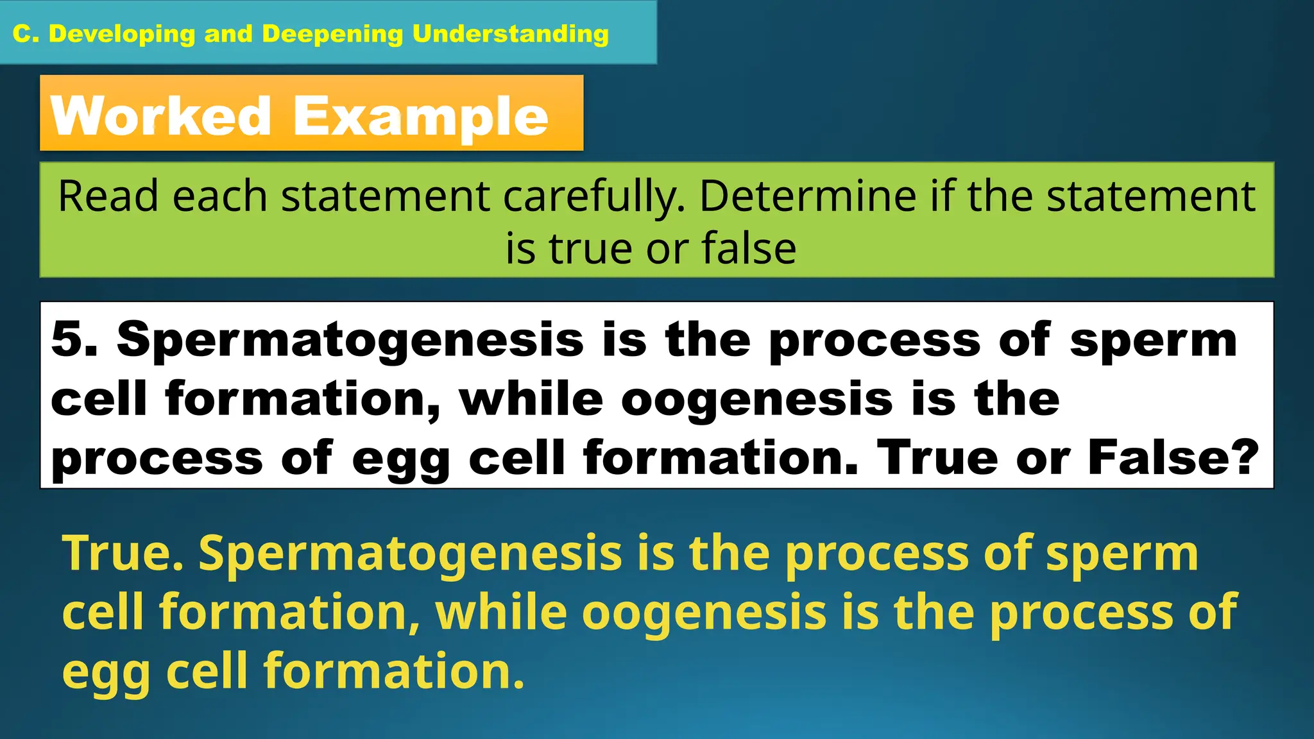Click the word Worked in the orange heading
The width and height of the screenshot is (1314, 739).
pos(161,116)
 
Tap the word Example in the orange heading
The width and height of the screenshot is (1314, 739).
pos(421,117)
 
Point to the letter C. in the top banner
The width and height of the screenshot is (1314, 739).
pos(26,34)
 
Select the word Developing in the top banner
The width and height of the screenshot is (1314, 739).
pos(122,34)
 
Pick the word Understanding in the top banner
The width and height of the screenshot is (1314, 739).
pos(511,34)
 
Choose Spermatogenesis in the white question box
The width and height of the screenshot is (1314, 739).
pos(350,340)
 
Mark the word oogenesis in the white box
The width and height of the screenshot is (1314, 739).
pos(757,400)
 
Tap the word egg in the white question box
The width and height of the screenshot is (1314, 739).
pos(401,459)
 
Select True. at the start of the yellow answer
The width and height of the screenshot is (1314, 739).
pos(123,552)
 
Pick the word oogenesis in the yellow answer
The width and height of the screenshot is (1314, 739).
pos(704,613)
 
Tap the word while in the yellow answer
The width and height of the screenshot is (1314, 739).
pos(501,611)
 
